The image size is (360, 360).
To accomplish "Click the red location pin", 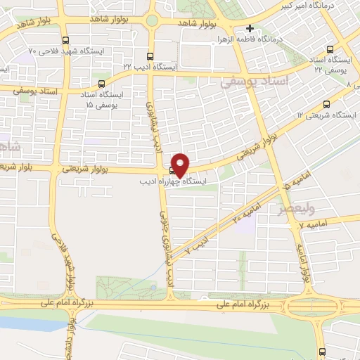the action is pyautogui.click(x=181, y=164).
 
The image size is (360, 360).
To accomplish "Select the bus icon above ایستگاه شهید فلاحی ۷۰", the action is pyautogui.click(x=66, y=40).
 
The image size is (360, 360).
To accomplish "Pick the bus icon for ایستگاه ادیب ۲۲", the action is pyautogui.click(x=149, y=56).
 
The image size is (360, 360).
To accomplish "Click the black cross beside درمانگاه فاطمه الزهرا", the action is pyautogui.click(x=250, y=29).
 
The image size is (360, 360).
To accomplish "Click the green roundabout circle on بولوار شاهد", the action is pyautogui.click(x=151, y=20).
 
